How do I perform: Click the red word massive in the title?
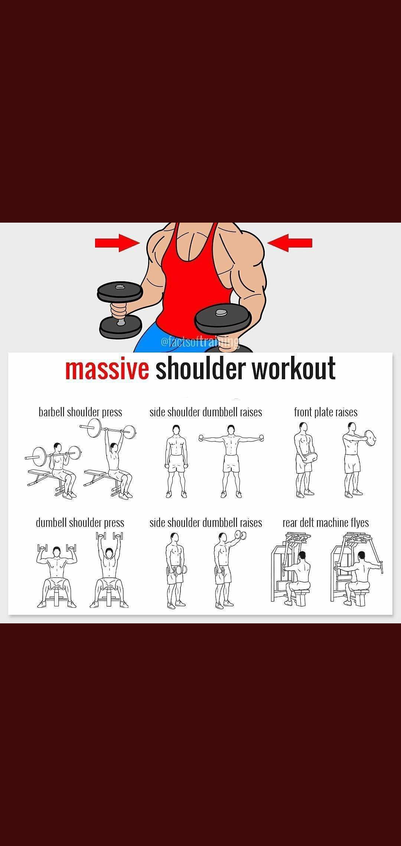(x=107, y=369)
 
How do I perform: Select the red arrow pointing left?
(x=290, y=243)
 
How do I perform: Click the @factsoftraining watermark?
(x=199, y=341)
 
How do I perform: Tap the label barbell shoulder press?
(x=80, y=412)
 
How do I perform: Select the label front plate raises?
(x=326, y=412)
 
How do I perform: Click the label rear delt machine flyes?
(x=326, y=523)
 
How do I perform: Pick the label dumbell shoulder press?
(x=80, y=523)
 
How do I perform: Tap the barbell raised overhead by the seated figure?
(x=108, y=431)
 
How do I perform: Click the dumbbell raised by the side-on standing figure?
(x=242, y=536)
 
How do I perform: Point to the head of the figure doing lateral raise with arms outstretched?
(x=231, y=430)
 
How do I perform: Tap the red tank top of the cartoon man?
(x=193, y=282)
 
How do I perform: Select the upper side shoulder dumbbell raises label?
(x=206, y=412)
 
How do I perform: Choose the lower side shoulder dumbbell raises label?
(x=206, y=523)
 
